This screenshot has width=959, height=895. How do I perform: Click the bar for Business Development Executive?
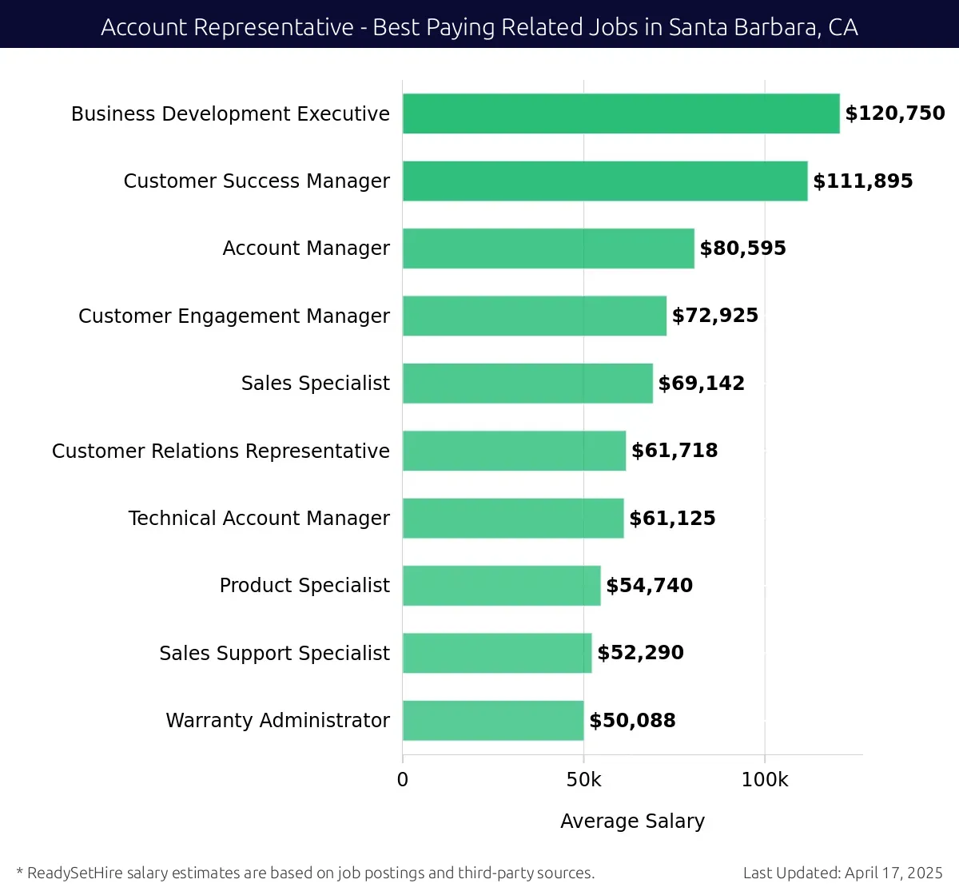[621, 113]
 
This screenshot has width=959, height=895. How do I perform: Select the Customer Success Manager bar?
[605, 181]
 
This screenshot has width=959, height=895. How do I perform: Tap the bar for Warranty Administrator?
[493, 720]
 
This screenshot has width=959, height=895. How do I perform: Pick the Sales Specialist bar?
[527, 384]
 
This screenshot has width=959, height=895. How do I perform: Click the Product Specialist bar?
[501, 586]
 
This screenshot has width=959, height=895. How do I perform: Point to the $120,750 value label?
[895, 113]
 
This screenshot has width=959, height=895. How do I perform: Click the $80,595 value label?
[742, 249]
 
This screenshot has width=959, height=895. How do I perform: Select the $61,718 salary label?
[674, 451]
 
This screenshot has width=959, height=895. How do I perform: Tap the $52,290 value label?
[640, 653]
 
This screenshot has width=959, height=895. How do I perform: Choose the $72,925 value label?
[715, 316]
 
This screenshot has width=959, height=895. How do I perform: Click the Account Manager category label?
[306, 249]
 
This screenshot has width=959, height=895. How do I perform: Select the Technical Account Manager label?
[259, 519]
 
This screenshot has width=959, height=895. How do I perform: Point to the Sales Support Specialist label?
[274, 654]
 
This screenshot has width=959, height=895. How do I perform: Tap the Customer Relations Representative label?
[221, 451]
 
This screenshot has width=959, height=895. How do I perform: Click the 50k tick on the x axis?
[583, 780]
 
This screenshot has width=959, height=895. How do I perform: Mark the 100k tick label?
[765, 780]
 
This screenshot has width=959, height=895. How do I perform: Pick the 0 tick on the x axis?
[403, 780]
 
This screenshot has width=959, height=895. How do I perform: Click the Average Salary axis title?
[632, 821]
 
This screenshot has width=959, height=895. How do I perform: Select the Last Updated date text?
[842, 873]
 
